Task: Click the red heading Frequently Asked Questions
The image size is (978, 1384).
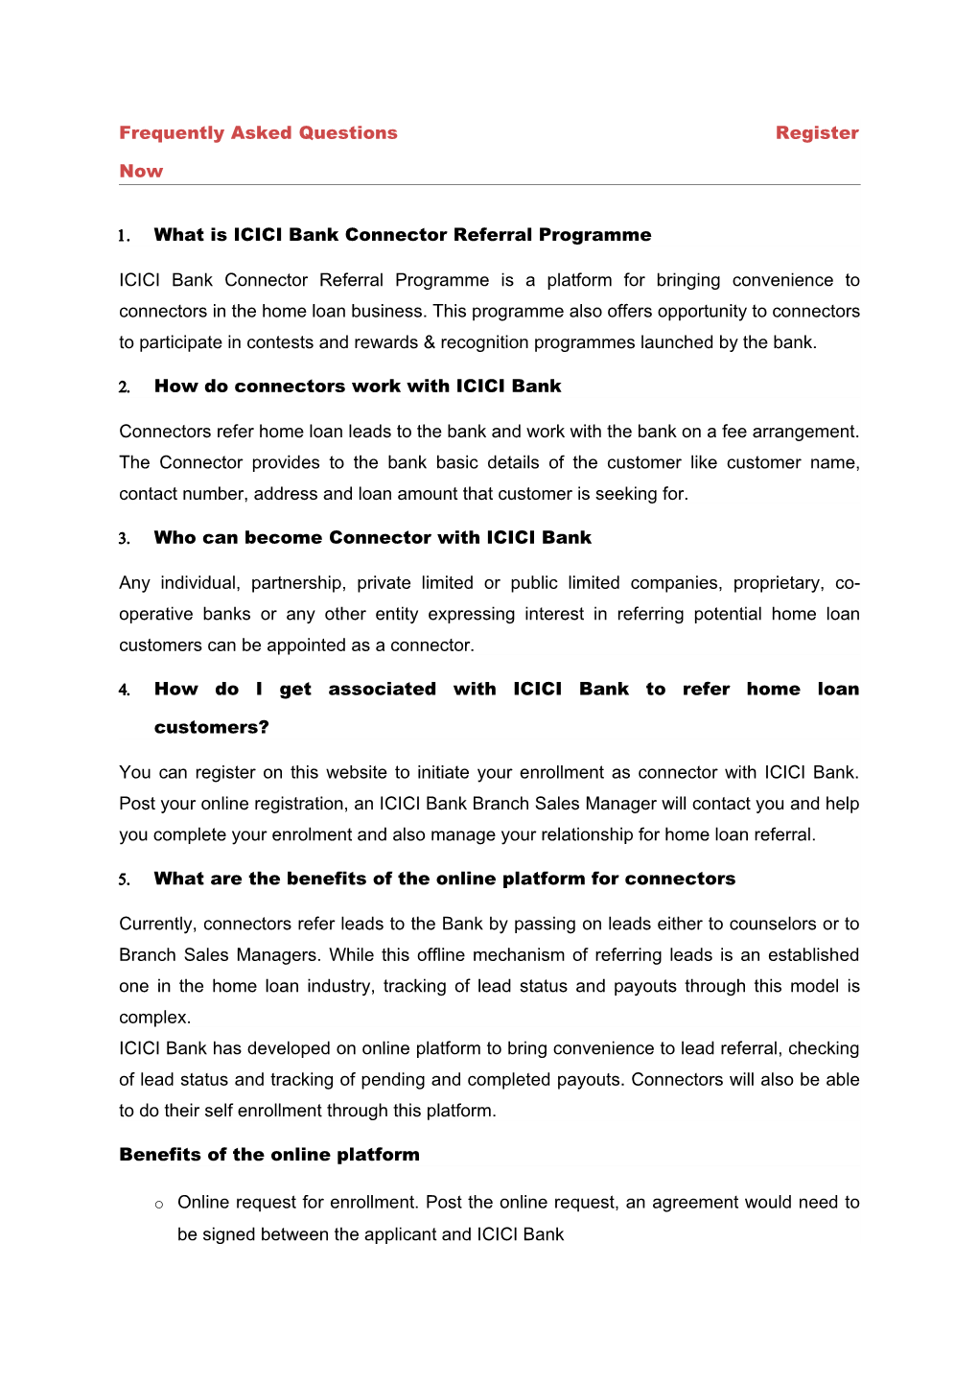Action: click(258, 133)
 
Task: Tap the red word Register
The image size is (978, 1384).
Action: click(817, 133)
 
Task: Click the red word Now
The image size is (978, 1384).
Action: click(141, 172)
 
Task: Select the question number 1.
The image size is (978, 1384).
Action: click(124, 236)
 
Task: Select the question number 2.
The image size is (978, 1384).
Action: click(124, 387)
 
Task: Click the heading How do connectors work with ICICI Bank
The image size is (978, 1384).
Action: click(358, 387)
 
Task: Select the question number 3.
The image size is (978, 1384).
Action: click(124, 539)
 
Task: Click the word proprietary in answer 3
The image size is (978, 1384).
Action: click(778, 583)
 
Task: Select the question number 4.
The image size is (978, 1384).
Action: click(124, 691)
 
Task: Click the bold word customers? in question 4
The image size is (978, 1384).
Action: click(212, 728)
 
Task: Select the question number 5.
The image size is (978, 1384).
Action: click(124, 880)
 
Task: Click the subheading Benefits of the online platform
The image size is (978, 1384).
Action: click(269, 1155)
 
